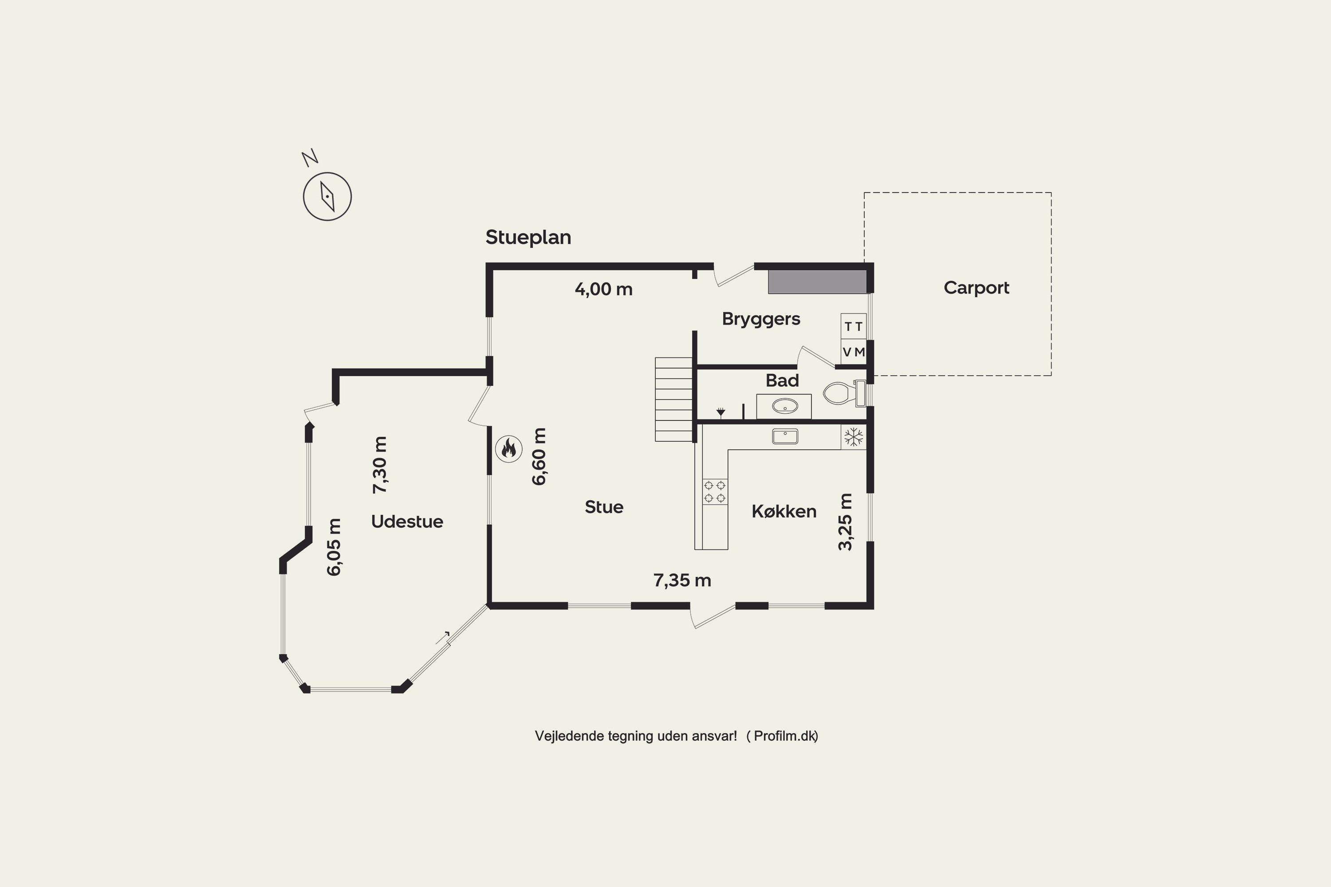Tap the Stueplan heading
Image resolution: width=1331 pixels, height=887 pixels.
point(528,237)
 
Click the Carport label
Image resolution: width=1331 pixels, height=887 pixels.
point(976,287)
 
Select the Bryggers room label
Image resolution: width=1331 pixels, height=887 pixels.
point(760,319)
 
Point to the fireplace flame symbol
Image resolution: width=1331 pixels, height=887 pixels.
point(508,449)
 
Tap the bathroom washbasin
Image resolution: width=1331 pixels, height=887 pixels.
point(784,406)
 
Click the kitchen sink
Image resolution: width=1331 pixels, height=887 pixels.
point(785,436)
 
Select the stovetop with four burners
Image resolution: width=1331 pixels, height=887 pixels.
point(715,491)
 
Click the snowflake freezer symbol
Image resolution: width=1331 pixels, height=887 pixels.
point(853,437)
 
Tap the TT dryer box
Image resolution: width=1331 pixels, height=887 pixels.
point(853,326)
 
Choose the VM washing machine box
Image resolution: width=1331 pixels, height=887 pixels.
point(853,352)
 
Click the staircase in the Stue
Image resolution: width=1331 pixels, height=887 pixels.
point(674,400)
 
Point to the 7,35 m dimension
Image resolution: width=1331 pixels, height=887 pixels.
point(682,581)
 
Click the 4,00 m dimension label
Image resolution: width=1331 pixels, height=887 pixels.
point(603,289)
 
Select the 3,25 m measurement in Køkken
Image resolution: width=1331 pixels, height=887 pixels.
point(845,522)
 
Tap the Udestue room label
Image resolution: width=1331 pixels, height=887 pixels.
point(407,521)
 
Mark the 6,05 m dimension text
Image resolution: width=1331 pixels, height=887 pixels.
point(334,547)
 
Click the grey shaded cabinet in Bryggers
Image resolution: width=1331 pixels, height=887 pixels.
point(817,282)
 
